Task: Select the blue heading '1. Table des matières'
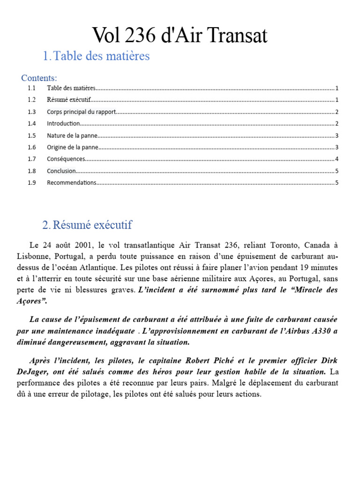click(x=96, y=56)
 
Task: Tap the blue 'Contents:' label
click(x=39, y=78)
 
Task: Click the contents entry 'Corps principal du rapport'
click(x=81, y=112)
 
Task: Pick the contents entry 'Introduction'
click(x=63, y=123)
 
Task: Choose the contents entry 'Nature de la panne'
click(x=72, y=135)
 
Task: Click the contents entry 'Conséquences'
click(x=66, y=159)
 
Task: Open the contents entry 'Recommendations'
click(x=71, y=183)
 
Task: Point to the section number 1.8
click(x=31, y=171)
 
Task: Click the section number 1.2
click(x=31, y=100)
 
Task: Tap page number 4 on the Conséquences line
click(x=337, y=159)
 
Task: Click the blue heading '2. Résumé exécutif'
click(x=87, y=225)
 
